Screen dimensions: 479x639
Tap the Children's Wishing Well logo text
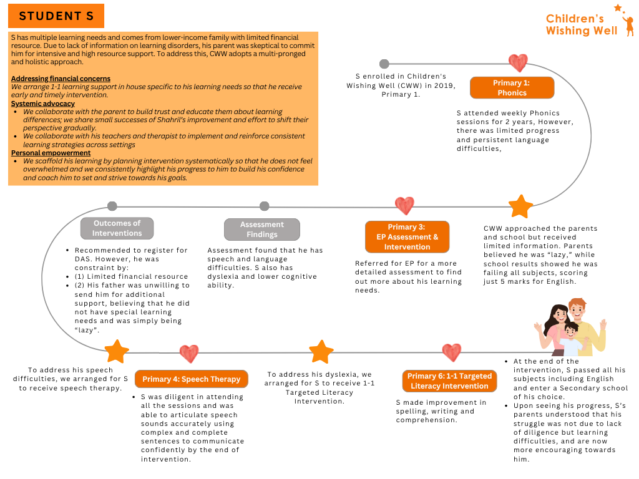point(581,25)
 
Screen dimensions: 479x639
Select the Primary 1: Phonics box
point(512,88)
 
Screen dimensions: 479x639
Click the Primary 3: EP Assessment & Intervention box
point(407,237)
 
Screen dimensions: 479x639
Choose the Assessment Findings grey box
point(262,230)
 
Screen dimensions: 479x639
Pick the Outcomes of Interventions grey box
point(117,228)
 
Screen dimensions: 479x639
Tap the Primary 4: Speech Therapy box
point(191,379)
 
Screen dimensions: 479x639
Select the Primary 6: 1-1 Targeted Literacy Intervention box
point(449,381)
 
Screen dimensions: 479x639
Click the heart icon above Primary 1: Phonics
point(517,63)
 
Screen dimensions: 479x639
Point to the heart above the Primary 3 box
point(404,205)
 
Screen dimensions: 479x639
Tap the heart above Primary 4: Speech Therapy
point(189,354)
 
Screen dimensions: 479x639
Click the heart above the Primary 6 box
point(451,352)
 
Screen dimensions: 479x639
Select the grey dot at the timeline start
point(384,64)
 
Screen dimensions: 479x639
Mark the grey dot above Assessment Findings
point(265,206)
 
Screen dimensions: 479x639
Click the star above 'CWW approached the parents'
point(520,206)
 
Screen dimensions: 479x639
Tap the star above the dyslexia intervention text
point(321,352)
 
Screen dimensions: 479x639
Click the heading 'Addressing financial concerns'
point(61,79)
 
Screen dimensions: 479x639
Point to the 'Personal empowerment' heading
point(51,153)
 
